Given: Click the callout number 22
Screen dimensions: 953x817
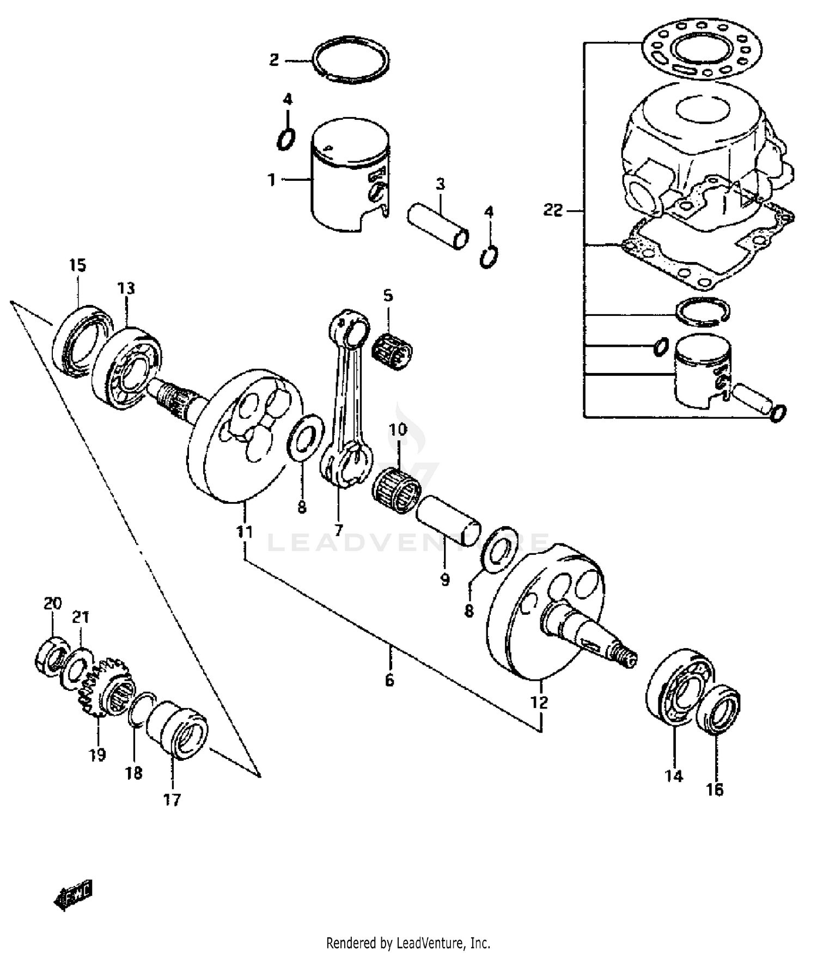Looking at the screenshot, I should tap(552, 210).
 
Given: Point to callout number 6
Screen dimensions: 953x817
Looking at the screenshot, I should tap(389, 680).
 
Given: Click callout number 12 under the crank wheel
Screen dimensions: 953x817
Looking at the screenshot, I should tap(539, 702).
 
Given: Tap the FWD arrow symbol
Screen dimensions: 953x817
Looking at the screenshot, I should tap(73, 895).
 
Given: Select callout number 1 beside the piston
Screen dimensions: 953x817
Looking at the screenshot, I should tap(271, 180).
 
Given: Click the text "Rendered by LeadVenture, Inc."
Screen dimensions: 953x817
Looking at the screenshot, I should tap(408, 942).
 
